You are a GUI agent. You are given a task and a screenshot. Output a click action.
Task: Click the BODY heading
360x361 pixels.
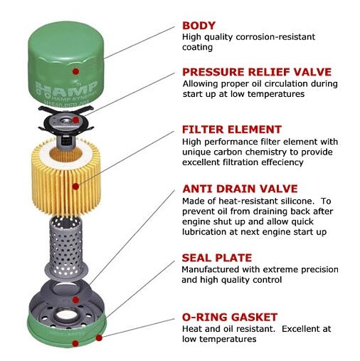[x=198, y=26]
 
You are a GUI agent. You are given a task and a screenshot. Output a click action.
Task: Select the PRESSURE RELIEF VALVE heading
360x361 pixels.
[x=257, y=72]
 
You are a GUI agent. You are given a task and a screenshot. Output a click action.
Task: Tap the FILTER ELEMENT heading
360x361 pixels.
[x=232, y=130]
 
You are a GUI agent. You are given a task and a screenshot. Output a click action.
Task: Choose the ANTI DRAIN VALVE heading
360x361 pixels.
[x=240, y=189]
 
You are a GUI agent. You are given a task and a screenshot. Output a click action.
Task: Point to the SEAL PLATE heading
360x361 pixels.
[x=217, y=258]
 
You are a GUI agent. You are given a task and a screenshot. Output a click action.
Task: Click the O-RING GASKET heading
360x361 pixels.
[x=230, y=318]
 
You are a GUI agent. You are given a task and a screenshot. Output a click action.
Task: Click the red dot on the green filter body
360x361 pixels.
[x=75, y=71]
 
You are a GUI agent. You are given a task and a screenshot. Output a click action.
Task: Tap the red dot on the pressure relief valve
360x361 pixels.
[x=75, y=120]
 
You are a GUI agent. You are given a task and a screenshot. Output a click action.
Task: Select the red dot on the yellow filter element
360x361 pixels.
[x=75, y=187]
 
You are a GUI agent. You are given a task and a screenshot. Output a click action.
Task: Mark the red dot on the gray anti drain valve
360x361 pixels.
[x=75, y=300]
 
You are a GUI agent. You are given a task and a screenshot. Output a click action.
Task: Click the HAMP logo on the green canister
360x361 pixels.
[x=66, y=88]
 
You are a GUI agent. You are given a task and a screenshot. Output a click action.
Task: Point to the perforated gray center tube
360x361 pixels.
[x=65, y=247]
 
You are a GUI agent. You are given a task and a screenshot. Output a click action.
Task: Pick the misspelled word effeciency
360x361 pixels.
[x=282, y=162]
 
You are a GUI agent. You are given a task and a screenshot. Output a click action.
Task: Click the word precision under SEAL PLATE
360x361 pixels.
[x=318, y=270]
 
